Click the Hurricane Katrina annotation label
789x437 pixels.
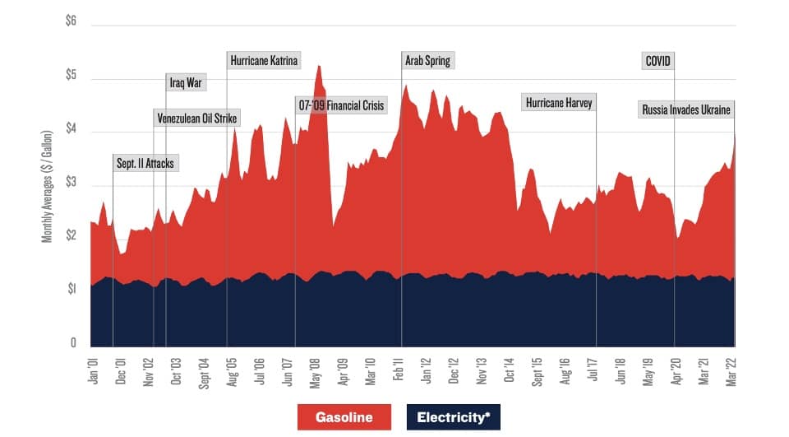[x=264, y=61]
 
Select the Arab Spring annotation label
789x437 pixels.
[x=427, y=61]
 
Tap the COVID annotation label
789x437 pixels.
[x=658, y=61]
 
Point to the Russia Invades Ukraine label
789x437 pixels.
[x=685, y=109]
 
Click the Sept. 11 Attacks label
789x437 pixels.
[x=145, y=164]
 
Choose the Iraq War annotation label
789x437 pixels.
[x=187, y=82]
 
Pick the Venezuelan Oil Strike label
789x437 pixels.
[x=197, y=119]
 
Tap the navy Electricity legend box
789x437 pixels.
[x=452, y=417]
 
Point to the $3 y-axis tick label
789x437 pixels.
[x=71, y=183]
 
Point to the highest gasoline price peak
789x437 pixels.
[x=318, y=66]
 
